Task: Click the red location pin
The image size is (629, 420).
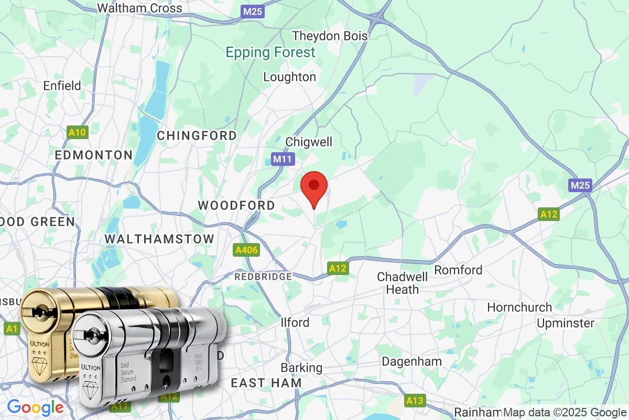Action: point(314,187)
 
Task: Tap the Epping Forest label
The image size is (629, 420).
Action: point(270,52)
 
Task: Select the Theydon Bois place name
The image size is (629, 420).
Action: point(330,36)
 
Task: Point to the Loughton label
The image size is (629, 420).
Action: point(289,77)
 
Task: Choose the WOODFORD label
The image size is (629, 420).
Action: point(236,205)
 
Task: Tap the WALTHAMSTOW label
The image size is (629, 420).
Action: point(159,239)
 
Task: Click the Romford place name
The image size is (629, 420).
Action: point(458,270)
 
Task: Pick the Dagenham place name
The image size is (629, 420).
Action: point(411,361)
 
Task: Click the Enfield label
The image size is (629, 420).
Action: point(62,86)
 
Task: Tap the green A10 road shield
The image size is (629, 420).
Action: point(77,132)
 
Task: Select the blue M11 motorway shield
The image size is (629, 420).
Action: point(283,159)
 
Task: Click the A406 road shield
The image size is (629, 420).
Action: point(246,250)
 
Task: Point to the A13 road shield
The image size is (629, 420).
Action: point(414,401)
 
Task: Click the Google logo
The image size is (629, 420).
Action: point(35,407)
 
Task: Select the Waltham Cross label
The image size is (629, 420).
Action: point(140,8)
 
